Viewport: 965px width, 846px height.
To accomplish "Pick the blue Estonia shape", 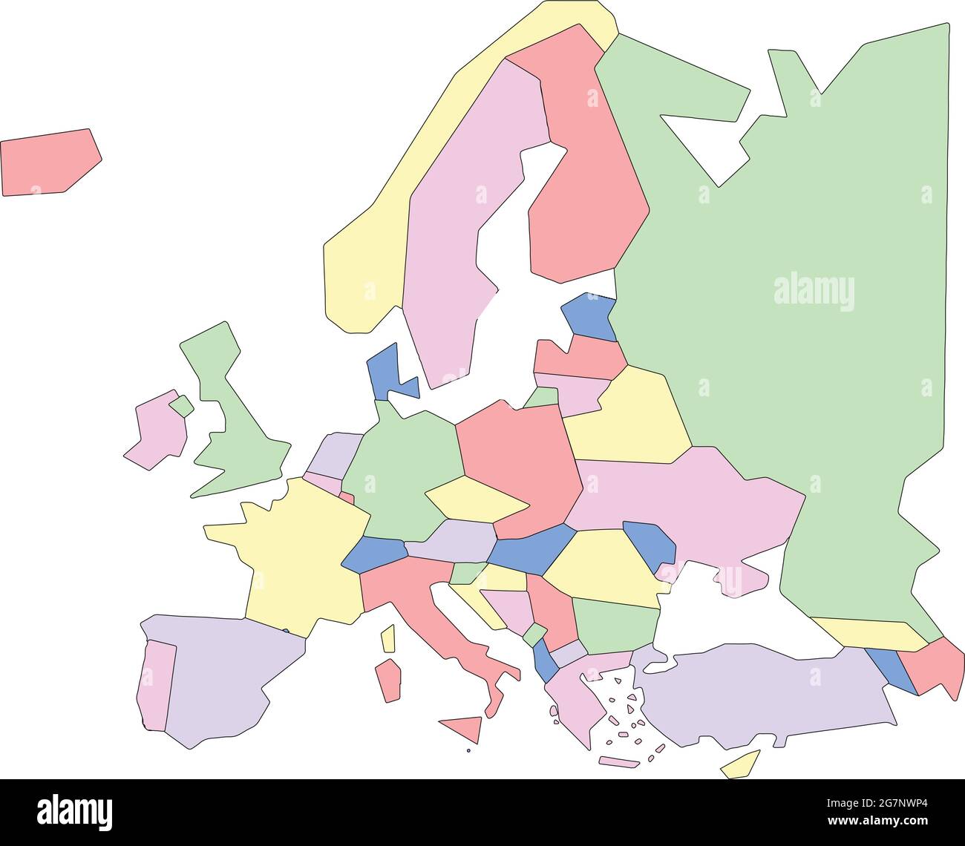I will (x=590, y=315).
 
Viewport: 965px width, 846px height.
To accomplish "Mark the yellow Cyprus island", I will (x=742, y=765).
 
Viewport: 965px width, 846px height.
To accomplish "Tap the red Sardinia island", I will (x=388, y=680).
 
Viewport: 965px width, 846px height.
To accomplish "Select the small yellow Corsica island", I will (x=387, y=638).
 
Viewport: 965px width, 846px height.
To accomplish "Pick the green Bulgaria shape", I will (x=615, y=623).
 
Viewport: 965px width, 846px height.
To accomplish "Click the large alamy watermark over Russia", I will (x=814, y=291).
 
